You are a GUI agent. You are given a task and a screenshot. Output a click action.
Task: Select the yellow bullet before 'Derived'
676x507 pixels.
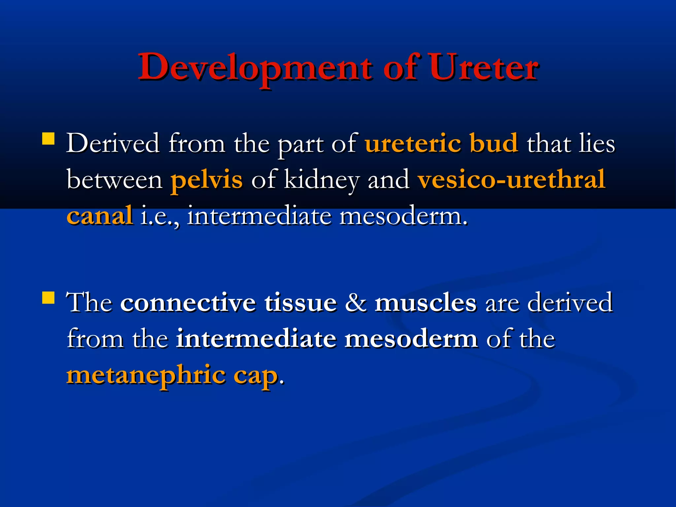click(x=49, y=139)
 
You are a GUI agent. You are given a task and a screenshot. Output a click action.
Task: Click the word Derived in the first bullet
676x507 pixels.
click(x=113, y=144)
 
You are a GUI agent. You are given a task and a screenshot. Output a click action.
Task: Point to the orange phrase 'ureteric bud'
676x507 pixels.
click(x=441, y=144)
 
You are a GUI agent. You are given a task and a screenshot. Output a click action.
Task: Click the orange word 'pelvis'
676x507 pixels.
click(x=206, y=180)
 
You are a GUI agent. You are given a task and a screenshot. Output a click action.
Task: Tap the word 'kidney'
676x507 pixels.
click(x=321, y=180)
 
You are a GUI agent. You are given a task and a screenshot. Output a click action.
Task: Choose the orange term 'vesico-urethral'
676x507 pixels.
click(x=511, y=180)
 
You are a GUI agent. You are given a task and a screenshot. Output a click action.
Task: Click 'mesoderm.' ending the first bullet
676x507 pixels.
click(x=403, y=216)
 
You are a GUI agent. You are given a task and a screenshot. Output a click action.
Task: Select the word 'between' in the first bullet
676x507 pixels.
click(x=114, y=180)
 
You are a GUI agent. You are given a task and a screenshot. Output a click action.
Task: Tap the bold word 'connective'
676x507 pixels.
click(x=188, y=302)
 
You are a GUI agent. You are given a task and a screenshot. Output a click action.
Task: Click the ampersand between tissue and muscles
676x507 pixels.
click(x=355, y=302)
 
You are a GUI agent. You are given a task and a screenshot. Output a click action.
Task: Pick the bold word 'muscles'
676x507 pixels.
click(x=425, y=302)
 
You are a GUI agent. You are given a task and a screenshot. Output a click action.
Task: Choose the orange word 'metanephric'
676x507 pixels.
click(x=146, y=375)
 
